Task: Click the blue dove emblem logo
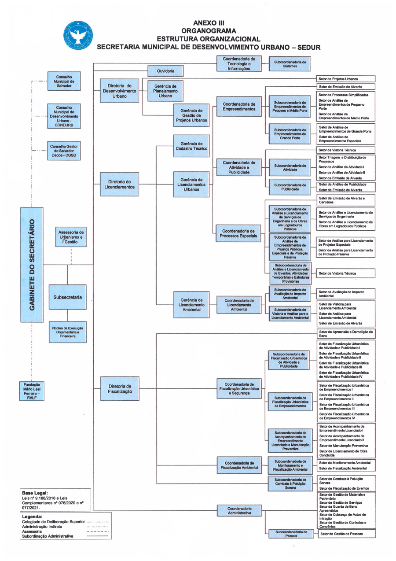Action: [x=78, y=35]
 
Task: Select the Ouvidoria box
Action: [x=165, y=71]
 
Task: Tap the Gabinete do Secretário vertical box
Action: [x=32, y=265]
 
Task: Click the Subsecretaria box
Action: [x=68, y=297]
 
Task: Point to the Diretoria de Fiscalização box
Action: [x=120, y=389]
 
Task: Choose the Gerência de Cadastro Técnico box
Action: [x=191, y=146]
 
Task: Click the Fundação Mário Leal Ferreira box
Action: [x=32, y=391]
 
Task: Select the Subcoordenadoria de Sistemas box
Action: [x=290, y=64]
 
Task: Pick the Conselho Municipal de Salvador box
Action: [x=64, y=81]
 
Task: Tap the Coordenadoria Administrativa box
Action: [x=239, y=511]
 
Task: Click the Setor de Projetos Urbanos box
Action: [x=346, y=79]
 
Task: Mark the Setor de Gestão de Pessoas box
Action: [x=347, y=534]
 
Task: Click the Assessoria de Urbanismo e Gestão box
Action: [x=71, y=237]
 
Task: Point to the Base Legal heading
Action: [x=35, y=493]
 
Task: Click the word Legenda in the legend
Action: [x=32, y=517]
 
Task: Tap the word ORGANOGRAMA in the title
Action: [x=209, y=31]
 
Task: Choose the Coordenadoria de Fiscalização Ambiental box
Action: [x=239, y=465]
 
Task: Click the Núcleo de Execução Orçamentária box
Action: [x=68, y=332]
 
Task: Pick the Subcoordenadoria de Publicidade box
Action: [x=290, y=187]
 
